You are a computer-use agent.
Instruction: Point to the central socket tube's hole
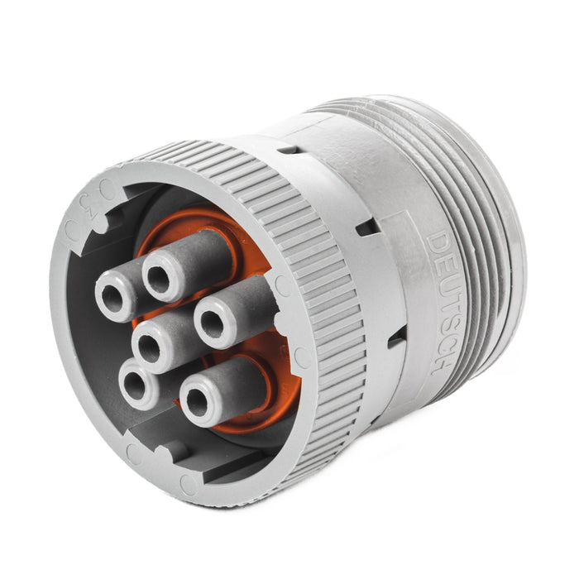[x=150, y=348]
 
